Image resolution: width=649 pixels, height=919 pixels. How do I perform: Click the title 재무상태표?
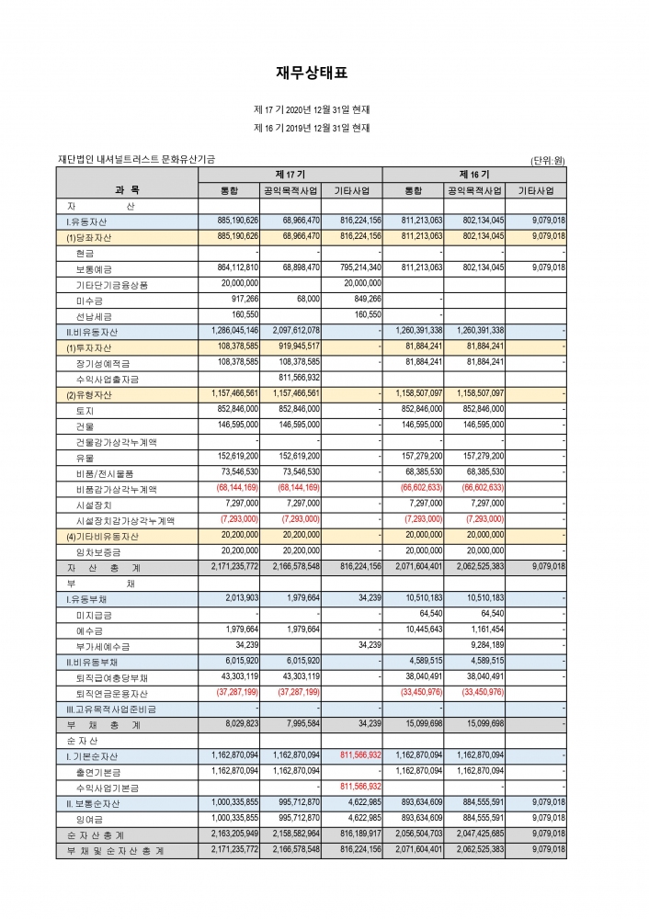point(313,73)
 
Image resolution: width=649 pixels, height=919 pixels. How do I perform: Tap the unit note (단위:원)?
point(548,160)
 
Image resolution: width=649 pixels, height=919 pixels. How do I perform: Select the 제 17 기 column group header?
point(290,174)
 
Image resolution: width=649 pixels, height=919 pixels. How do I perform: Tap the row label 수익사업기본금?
point(108,788)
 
